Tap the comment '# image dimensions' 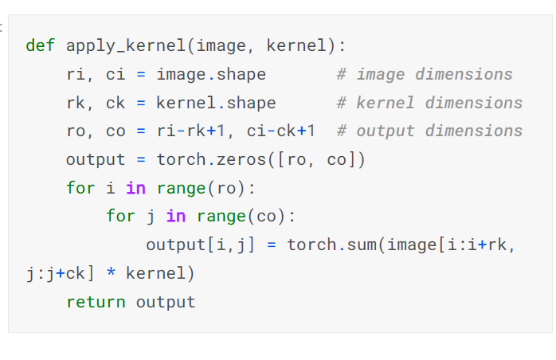point(425,74)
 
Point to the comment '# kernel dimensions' point(429,103)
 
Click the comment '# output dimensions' point(429,131)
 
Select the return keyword point(96,302)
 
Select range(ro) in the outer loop point(196,189)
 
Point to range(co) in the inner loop point(236,217)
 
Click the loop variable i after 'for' point(111,189)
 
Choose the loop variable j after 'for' point(151,217)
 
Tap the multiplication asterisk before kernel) point(111,273)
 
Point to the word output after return point(166,302)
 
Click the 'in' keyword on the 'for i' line point(135,189)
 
